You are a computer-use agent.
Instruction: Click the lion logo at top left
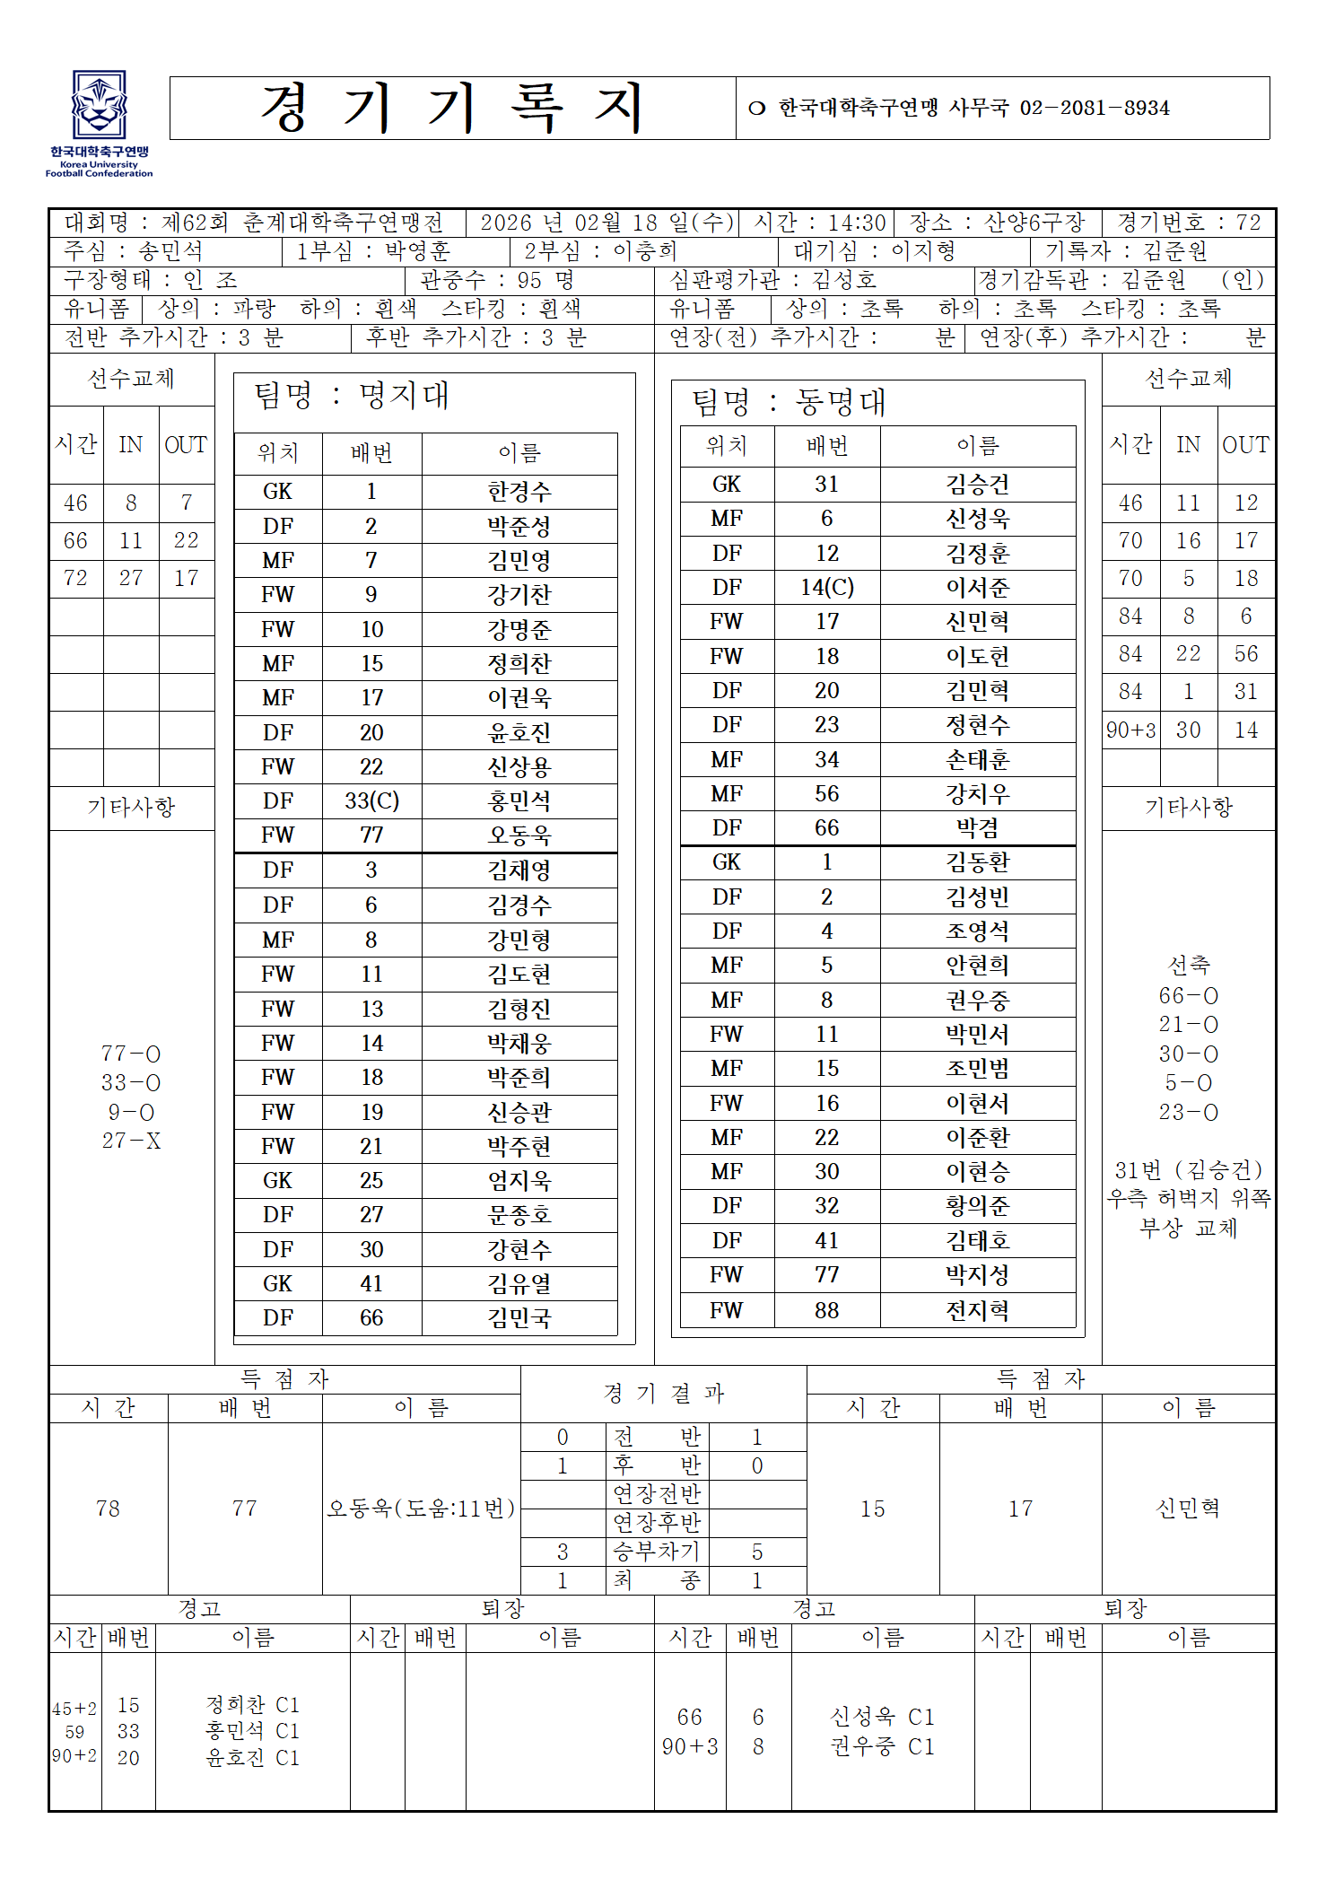point(99,106)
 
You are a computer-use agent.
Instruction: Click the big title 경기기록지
point(452,108)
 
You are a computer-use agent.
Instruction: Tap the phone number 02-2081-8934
point(1094,109)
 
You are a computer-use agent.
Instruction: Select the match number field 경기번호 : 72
point(1189,223)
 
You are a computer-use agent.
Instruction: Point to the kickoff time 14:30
point(856,223)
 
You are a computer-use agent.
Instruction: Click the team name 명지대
point(405,396)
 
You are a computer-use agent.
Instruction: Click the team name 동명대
point(841,402)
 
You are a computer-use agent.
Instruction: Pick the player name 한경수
point(519,492)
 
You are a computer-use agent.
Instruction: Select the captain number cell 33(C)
point(371,800)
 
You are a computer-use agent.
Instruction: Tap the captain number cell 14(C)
point(826,587)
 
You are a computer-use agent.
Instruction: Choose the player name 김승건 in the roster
point(977,485)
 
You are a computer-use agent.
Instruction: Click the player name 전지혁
point(977,1310)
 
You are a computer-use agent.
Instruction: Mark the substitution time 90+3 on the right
point(1130,730)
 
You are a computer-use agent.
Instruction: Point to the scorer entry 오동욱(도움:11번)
point(421,1508)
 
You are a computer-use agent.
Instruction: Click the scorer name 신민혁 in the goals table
point(1188,1508)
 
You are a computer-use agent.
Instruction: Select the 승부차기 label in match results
point(656,1552)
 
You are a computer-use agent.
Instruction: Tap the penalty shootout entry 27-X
point(131,1141)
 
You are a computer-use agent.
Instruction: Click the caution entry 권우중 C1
point(882,1746)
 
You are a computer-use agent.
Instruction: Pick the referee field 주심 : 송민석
point(134,251)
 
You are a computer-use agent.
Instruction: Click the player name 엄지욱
point(519,1180)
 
